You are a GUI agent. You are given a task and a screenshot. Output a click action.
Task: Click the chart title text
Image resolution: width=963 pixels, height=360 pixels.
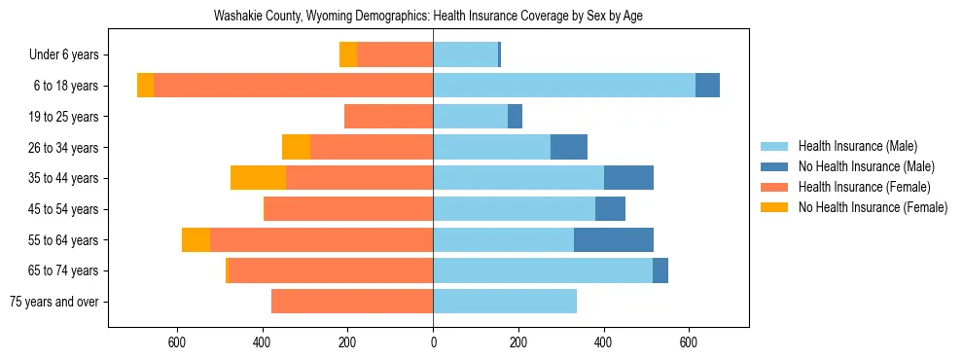pyautogui.click(x=428, y=16)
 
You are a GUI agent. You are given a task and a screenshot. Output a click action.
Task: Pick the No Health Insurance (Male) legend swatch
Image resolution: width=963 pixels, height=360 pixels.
pyautogui.click(x=775, y=166)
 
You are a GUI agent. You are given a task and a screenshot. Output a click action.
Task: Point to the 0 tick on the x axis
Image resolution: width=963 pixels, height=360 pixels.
pyautogui.click(x=433, y=342)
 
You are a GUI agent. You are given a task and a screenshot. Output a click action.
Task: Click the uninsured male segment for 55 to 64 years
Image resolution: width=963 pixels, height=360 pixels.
pyautogui.click(x=614, y=240)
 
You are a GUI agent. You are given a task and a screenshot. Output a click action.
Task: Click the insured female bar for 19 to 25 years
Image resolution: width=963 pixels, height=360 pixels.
pyautogui.click(x=388, y=117)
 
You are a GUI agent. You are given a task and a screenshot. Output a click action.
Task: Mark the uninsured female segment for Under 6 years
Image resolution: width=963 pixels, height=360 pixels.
pyautogui.click(x=348, y=55)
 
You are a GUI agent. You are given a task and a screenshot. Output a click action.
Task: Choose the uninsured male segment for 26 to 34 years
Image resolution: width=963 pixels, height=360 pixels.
pyautogui.click(x=569, y=148)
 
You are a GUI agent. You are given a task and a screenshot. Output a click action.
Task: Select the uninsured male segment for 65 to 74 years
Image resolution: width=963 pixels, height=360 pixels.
pyautogui.click(x=660, y=270)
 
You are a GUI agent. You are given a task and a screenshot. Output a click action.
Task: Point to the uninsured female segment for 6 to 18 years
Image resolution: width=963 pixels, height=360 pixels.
pyautogui.click(x=145, y=86)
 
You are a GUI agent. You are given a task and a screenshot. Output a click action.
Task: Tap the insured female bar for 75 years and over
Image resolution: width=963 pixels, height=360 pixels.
pyautogui.click(x=352, y=302)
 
